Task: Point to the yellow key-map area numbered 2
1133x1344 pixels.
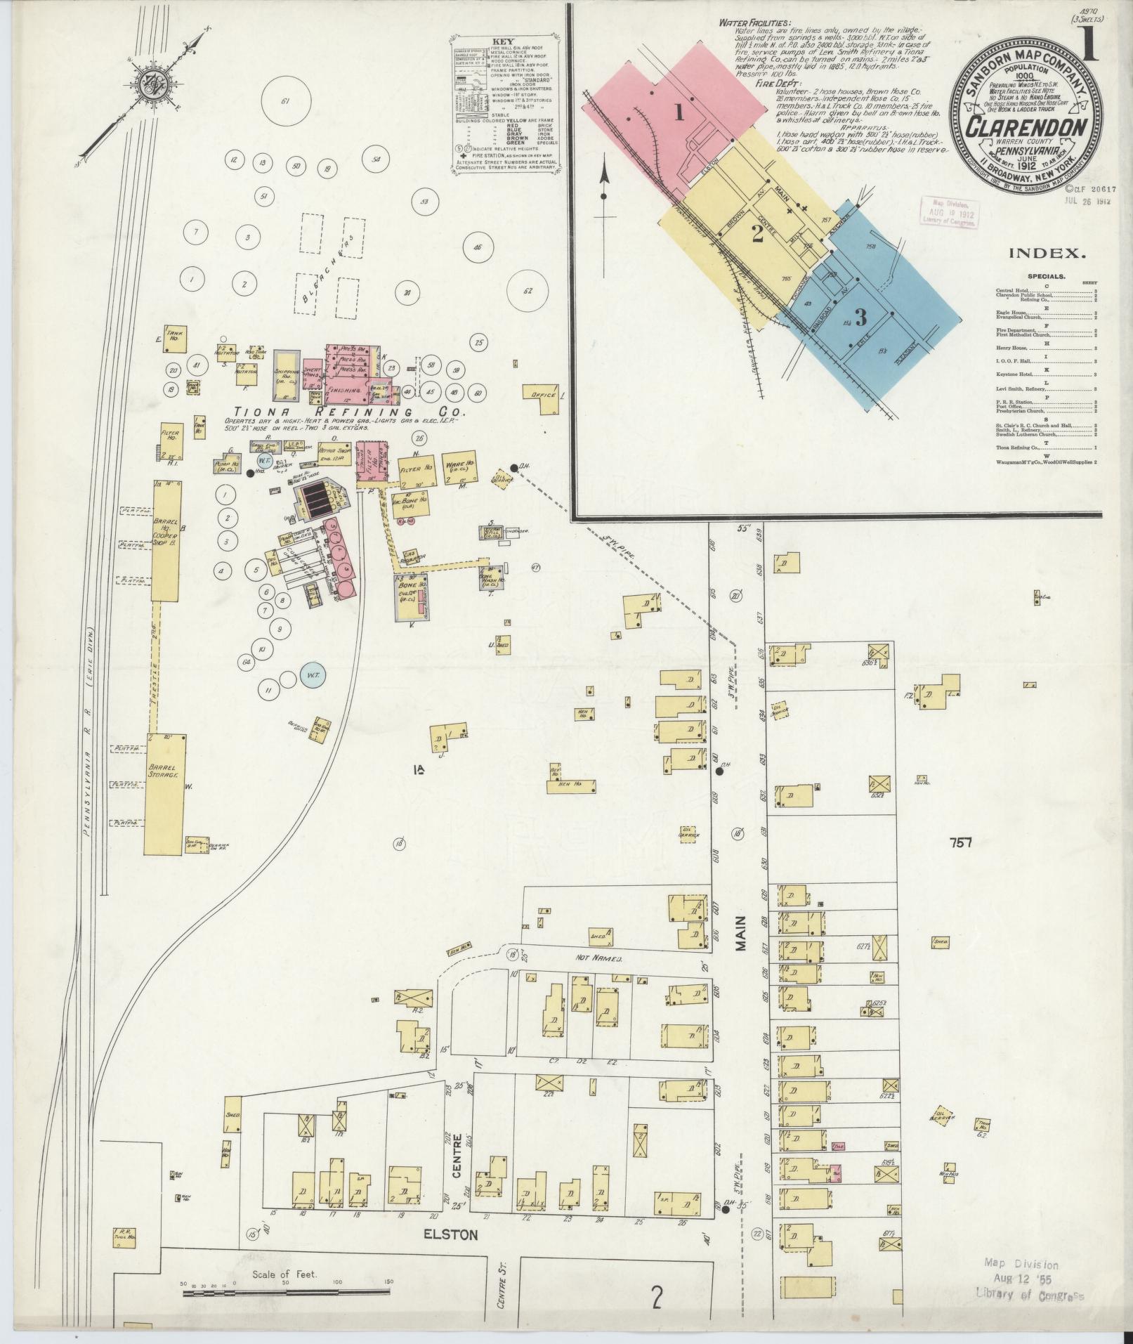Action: [x=757, y=233]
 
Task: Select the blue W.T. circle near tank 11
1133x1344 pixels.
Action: [x=311, y=675]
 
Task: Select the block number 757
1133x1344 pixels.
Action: [x=959, y=842]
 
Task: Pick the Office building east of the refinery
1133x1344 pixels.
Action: [x=544, y=395]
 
